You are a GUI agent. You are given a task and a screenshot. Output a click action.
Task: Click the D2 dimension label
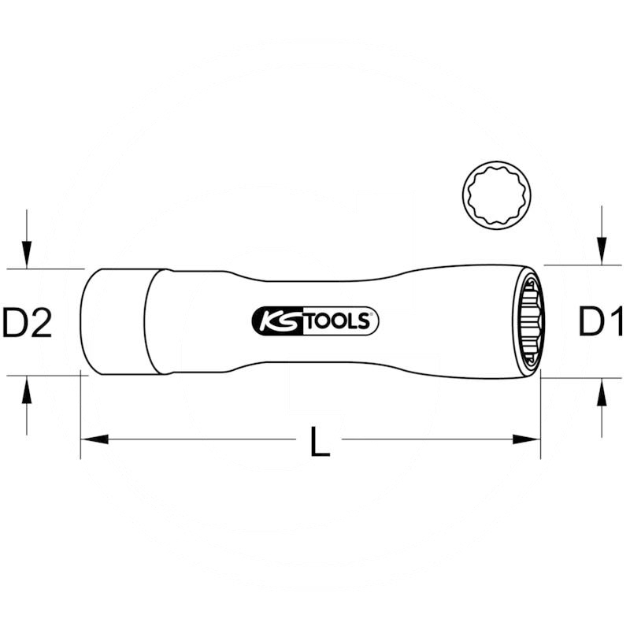pos(28,323)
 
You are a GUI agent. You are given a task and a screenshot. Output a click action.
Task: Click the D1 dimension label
pos(601,322)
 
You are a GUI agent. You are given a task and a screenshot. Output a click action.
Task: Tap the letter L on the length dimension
pos(319,443)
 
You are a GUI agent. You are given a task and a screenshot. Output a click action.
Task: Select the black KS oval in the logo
pos(276,321)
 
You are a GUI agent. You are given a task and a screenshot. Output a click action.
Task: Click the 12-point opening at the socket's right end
pos(528,322)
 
